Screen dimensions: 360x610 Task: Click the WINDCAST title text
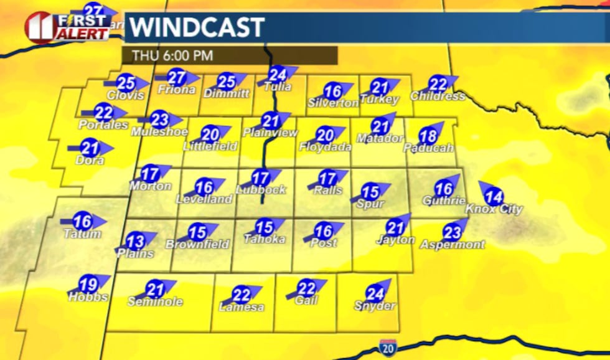tap(197, 27)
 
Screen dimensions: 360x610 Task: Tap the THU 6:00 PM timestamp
tap(172, 55)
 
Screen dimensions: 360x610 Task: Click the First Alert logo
tap(67, 26)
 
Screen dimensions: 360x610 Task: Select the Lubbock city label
tap(261, 189)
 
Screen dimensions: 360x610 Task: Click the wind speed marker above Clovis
tap(126, 82)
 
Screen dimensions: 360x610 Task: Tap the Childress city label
tap(438, 96)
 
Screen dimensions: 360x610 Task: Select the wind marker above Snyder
tap(375, 293)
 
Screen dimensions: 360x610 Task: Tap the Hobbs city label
tap(88, 297)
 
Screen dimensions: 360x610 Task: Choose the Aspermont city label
tap(452, 245)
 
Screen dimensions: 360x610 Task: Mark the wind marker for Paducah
tap(428, 136)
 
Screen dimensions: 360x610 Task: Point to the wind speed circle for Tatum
tap(82, 221)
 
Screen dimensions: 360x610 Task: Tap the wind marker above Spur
tap(370, 192)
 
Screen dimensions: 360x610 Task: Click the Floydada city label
tap(325, 147)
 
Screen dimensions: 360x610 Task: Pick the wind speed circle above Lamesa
tap(241, 295)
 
